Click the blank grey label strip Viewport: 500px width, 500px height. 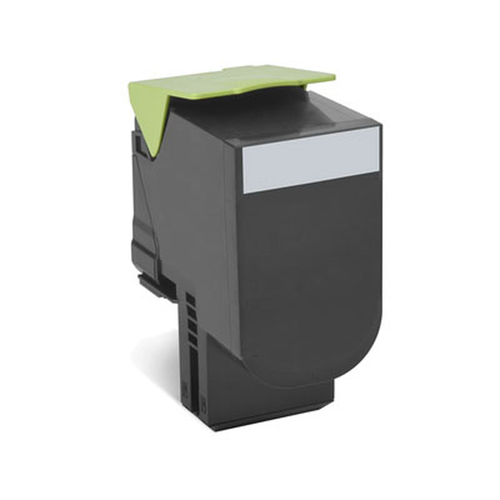point(312,160)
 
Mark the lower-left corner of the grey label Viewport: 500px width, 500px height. point(245,192)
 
